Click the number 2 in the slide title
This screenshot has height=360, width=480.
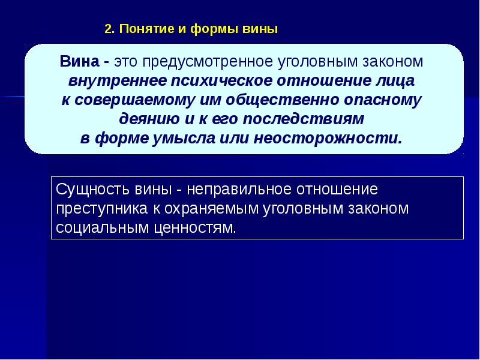pyautogui.click(x=107, y=29)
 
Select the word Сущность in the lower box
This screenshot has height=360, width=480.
pyautogui.click(x=85, y=190)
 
